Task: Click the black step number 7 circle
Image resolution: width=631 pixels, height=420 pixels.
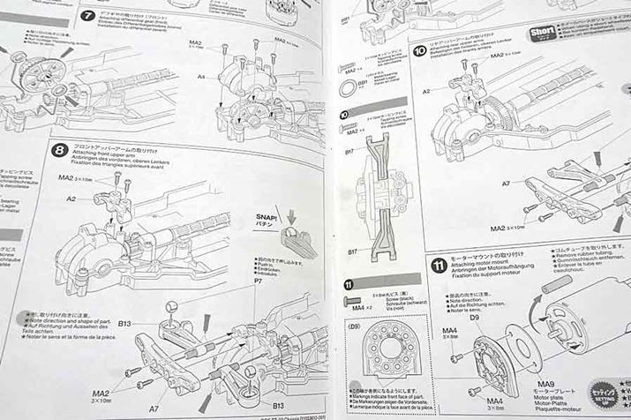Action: (x=87, y=16)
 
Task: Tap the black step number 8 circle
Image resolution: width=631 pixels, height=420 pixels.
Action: (x=59, y=150)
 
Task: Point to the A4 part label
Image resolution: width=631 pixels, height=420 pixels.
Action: (x=201, y=77)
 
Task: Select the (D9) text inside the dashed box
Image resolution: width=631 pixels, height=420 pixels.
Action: (x=356, y=327)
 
